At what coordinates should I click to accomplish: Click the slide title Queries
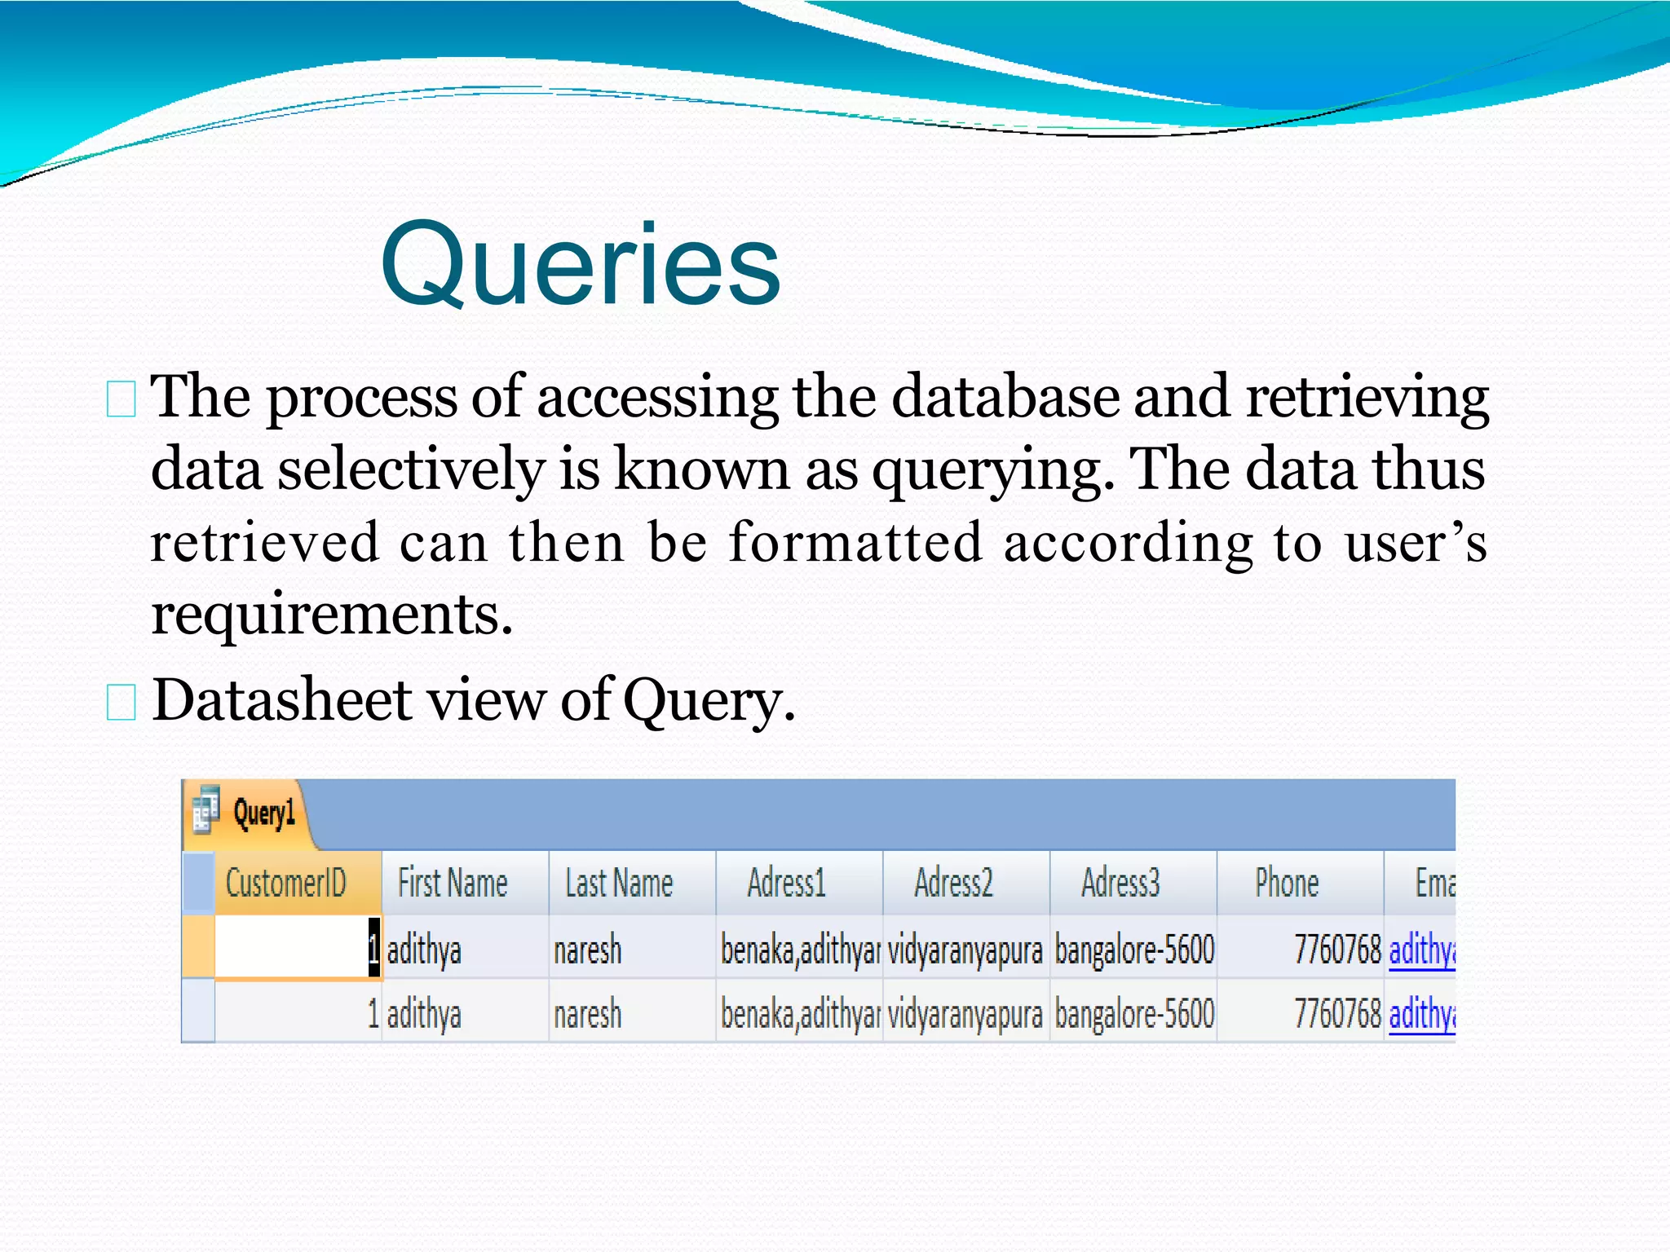pos(580,265)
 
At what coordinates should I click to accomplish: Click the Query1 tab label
pos(263,813)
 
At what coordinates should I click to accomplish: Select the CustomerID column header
pos(285,883)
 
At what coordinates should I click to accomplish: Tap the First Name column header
pos(453,883)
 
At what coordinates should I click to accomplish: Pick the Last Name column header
pos(619,883)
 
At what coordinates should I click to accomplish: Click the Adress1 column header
pos(787,883)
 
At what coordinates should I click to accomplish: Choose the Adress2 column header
pos(953,883)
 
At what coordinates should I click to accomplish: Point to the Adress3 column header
pos(1120,883)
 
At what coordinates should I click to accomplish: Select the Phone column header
pos(1287,883)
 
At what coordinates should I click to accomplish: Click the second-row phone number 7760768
pos(1337,1014)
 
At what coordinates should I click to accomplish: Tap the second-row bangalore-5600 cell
pos(1134,1014)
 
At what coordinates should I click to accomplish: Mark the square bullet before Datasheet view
pos(121,702)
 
